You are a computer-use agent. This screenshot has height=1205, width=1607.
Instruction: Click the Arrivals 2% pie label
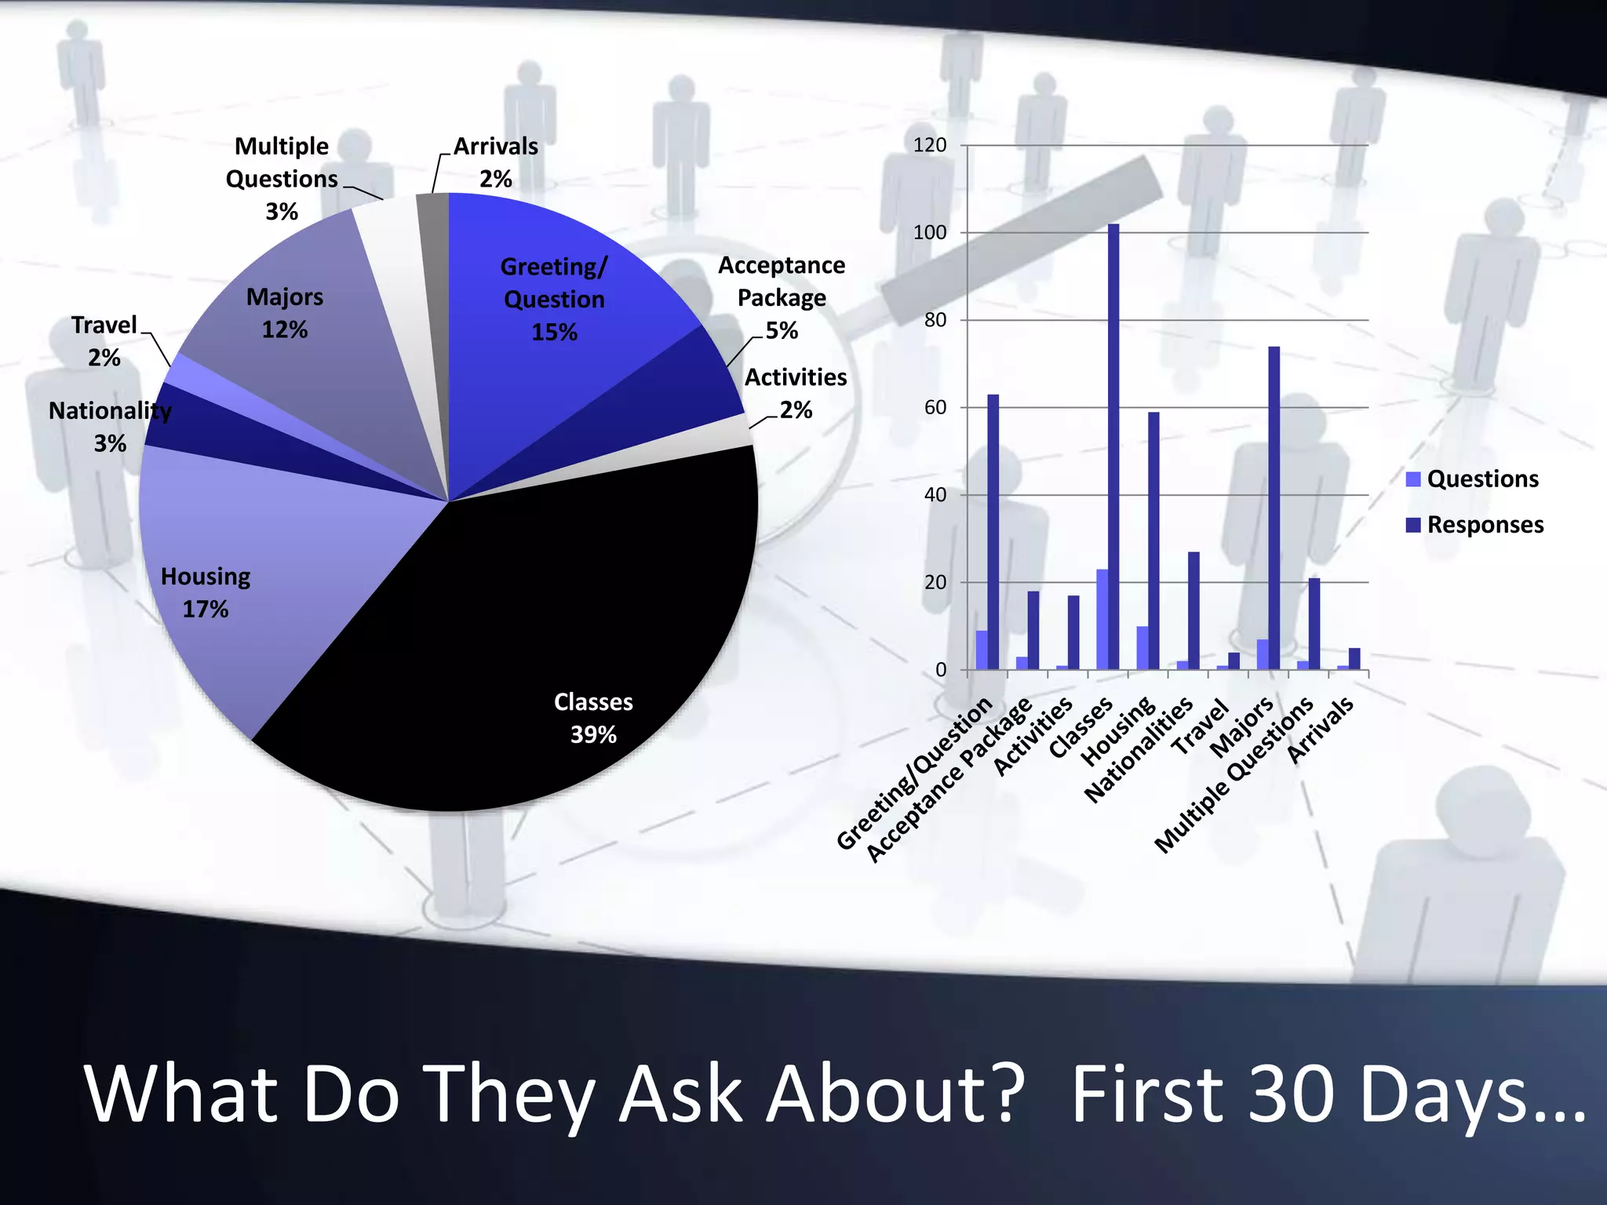tap(496, 162)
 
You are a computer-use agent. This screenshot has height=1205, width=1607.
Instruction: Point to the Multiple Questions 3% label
tap(282, 179)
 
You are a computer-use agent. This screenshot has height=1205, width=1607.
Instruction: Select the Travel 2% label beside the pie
tap(104, 341)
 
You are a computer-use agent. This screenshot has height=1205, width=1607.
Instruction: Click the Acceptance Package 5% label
tap(782, 298)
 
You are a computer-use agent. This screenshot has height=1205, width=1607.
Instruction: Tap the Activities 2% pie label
tap(796, 393)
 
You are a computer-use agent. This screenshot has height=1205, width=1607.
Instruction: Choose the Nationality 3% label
tap(110, 427)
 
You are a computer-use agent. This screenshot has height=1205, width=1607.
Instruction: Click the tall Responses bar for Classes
tap(1113, 447)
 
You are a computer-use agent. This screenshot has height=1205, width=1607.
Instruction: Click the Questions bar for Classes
tap(1102, 619)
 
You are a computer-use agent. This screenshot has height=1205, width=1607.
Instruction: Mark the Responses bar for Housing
tap(1153, 541)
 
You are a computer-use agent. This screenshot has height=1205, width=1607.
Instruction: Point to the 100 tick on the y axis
tap(930, 233)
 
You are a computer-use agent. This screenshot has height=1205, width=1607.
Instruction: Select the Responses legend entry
tap(1475, 525)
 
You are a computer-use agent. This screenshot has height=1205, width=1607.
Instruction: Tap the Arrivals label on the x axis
tap(1321, 730)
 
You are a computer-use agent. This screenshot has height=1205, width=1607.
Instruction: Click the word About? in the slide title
tap(895, 1094)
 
